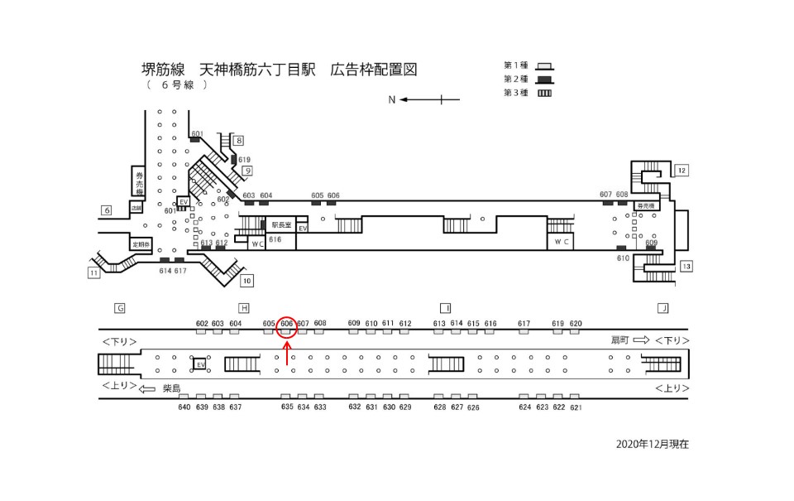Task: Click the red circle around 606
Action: (287, 327)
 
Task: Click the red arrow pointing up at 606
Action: (287, 354)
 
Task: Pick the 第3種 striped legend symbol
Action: (544, 93)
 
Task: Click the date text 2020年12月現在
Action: (652, 444)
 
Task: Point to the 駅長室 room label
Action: (281, 224)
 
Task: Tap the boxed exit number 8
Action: (238, 140)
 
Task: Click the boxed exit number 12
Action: (682, 171)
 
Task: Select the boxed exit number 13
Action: (686, 266)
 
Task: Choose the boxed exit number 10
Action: (246, 279)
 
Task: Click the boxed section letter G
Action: (120, 308)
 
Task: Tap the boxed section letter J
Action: (662, 308)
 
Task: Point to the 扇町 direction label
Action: (620, 340)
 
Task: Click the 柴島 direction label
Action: (171, 388)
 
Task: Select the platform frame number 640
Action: (184, 407)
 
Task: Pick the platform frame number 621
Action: (576, 407)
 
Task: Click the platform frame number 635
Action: (287, 407)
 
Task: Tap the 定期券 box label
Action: (141, 244)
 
